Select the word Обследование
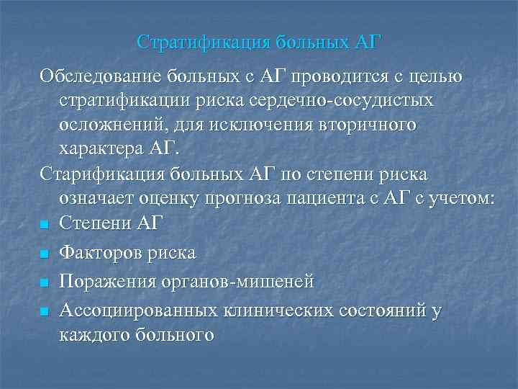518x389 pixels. [101, 75]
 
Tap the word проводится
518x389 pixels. [330, 75]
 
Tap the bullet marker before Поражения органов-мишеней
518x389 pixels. [45, 283]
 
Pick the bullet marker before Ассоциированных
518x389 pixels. [45, 312]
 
